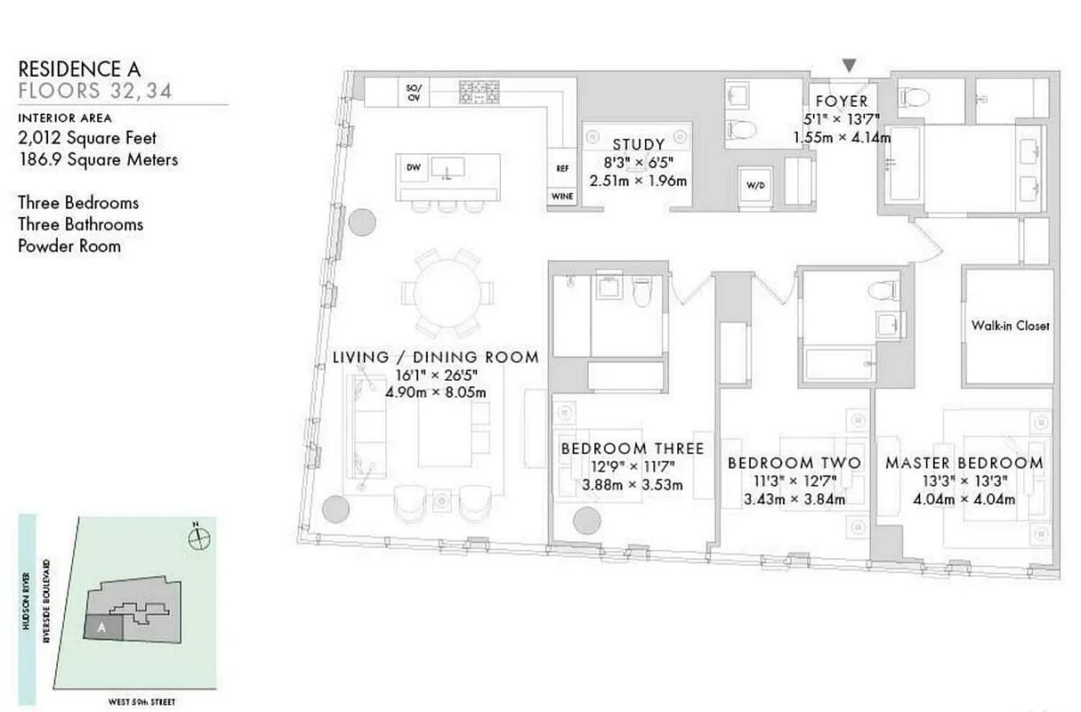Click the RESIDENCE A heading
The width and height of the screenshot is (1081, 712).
79,68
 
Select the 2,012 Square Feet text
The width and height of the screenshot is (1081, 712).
87,138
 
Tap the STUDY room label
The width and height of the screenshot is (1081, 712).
638,145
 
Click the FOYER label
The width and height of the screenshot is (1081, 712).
842,101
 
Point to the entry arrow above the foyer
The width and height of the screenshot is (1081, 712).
851,65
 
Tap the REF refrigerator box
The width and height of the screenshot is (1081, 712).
562,168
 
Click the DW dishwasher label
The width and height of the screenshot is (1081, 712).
414,167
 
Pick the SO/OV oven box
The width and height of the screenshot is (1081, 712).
413,92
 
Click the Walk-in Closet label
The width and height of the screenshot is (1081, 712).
1010,326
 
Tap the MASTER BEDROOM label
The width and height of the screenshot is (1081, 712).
964,463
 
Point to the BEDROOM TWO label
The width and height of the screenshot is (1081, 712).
794,463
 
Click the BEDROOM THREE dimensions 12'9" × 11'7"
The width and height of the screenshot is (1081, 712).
633,467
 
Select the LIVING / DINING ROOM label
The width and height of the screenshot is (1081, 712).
436,357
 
